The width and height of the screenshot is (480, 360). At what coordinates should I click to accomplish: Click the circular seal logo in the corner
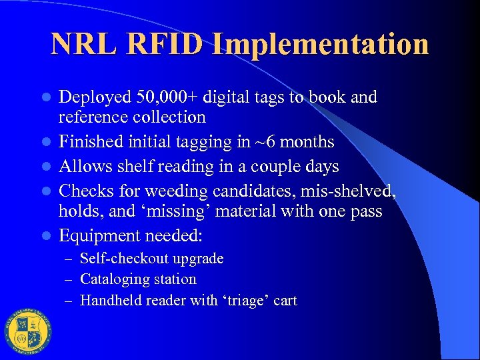click(27, 333)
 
